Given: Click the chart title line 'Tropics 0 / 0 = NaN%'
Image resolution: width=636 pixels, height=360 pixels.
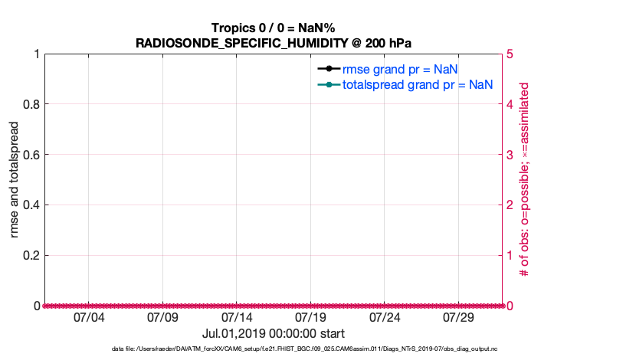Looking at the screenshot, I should (274, 27).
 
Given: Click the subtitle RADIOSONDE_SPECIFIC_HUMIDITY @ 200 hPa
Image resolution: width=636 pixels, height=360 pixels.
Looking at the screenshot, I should (274, 42).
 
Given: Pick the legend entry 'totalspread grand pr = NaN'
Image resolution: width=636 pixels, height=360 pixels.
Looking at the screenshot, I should (417, 84).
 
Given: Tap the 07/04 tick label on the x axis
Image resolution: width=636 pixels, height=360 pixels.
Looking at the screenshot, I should (88, 318).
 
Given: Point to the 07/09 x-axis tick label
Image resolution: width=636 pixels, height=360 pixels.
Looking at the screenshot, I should (162, 318).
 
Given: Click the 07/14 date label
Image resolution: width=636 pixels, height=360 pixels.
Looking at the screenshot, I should (237, 318).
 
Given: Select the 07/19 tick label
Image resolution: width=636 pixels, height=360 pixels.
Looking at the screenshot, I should (310, 318).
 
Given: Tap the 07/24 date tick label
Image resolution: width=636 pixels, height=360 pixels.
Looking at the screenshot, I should (385, 318).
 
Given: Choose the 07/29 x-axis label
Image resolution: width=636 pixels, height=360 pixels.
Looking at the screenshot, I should (459, 318).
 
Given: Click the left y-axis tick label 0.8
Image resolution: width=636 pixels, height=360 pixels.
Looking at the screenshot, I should (31, 104).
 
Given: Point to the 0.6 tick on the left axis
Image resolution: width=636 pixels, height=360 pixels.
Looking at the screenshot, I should (31, 155).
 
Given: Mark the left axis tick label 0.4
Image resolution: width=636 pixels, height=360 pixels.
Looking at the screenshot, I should (31, 205).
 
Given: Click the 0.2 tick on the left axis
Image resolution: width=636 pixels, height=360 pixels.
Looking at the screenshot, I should (31, 255).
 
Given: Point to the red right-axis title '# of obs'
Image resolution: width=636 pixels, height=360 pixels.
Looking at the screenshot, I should (525, 180).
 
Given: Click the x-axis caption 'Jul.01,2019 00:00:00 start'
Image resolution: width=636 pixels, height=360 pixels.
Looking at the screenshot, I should (274, 334).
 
